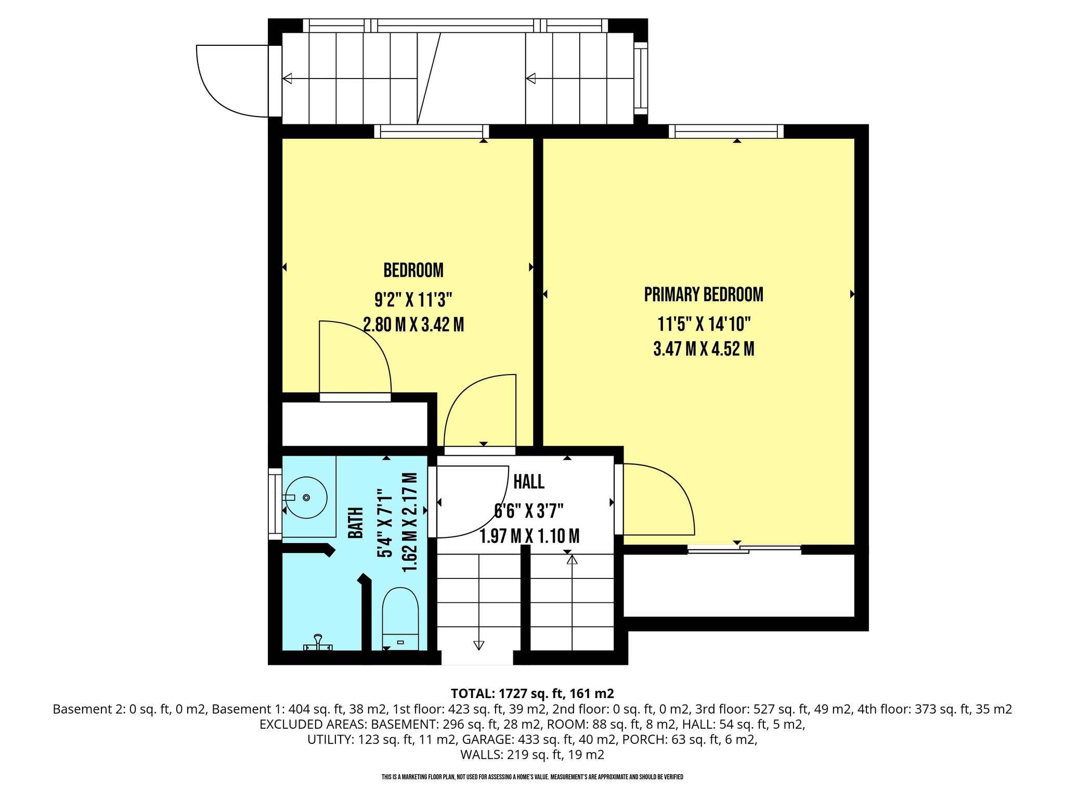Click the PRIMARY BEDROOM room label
point(704,294)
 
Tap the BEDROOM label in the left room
point(413,270)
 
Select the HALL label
point(529,482)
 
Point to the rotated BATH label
point(356,523)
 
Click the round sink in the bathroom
point(306,498)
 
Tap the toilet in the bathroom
point(400,619)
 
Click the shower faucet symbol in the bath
point(318,643)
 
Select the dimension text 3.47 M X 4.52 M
point(704,349)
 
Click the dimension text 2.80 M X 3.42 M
point(413,325)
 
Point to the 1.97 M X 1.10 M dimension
point(529,536)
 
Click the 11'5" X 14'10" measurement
point(704,324)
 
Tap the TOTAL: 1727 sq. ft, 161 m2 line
point(532,693)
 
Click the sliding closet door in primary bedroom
point(744,548)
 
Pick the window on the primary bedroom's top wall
point(726,132)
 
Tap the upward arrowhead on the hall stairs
point(572,560)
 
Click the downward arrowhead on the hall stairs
point(478,645)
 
